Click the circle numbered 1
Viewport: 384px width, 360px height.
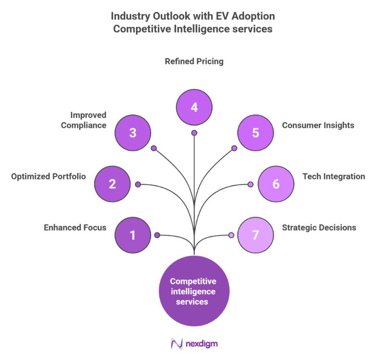click(133, 235)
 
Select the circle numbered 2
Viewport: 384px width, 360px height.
click(112, 184)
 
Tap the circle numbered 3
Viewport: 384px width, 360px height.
click(133, 132)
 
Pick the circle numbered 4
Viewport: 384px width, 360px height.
click(194, 107)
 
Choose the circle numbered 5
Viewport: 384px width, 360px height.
click(255, 132)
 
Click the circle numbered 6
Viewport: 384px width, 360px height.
click(276, 184)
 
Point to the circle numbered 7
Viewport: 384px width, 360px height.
click(255, 235)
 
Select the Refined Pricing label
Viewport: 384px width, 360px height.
click(194, 61)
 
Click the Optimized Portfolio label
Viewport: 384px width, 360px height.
click(48, 176)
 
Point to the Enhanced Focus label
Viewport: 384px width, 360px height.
click(75, 228)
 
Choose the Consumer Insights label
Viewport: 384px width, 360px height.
click(318, 125)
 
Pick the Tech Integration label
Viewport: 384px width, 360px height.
click(334, 176)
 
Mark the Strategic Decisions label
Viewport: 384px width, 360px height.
click(319, 228)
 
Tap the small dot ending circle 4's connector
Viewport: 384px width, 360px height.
click(194, 133)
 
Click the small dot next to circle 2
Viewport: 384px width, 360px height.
click(138, 184)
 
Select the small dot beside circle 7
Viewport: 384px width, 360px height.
click(231, 235)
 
